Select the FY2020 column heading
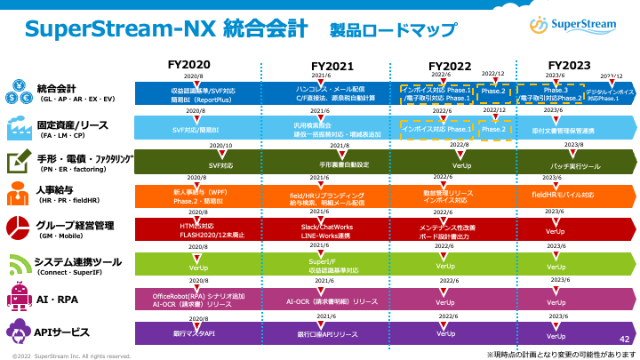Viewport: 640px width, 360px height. click(189, 65)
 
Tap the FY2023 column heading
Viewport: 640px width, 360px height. click(569, 65)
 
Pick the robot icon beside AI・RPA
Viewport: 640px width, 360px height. click(18, 295)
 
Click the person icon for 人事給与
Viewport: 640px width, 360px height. click(18, 194)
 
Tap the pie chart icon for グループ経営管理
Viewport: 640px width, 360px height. click(18, 228)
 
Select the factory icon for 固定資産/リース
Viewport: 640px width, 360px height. click(18, 126)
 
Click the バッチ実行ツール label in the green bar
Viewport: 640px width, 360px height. click(576, 166)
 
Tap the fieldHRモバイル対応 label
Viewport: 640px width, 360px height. click(563, 193)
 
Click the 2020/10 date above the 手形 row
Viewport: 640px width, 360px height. click(220, 144)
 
